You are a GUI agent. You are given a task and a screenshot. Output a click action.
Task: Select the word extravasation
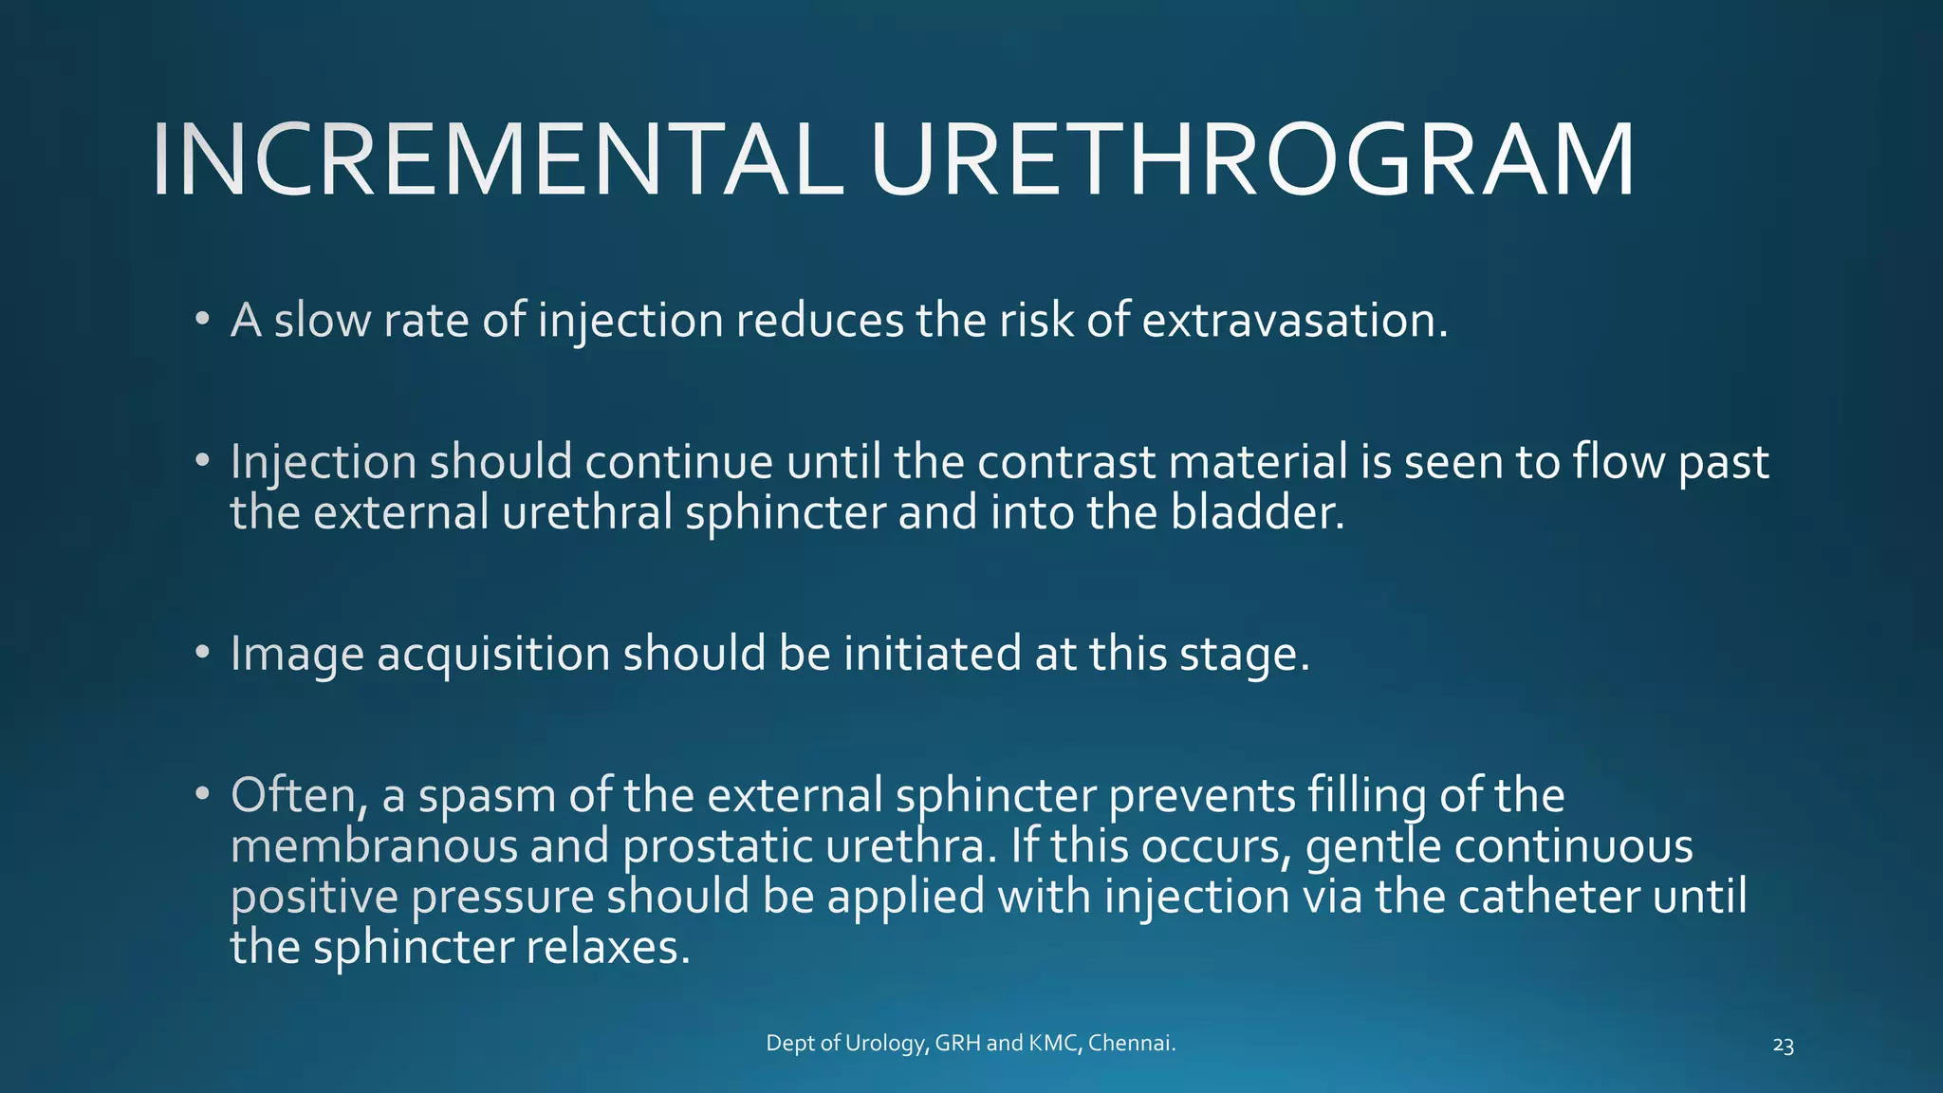[x=1294, y=321]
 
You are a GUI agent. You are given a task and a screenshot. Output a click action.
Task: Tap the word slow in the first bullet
[x=322, y=321]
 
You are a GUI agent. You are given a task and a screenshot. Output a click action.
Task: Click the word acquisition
[x=492, y=655]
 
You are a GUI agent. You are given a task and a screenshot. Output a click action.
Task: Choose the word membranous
[x=374, y=846]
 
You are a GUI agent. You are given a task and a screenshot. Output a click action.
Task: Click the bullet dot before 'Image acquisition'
[x=202, y=653]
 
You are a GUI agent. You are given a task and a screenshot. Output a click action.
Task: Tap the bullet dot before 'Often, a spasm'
[x=202, y=794]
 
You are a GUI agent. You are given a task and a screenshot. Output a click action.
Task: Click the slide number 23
[x=1783, y=1047]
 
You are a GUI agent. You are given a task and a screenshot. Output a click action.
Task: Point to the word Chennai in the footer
[x=1131, y=1044]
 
